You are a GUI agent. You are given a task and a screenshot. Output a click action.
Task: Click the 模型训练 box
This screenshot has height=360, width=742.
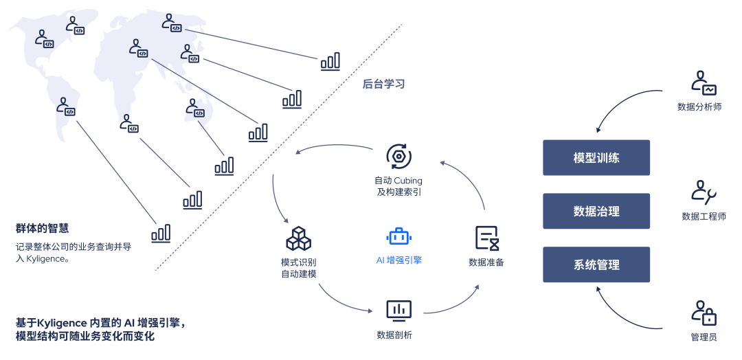pyautogui.click(x=596, y=157)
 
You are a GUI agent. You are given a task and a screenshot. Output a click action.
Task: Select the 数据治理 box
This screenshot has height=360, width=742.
pyautogui.click(x=596, y=211)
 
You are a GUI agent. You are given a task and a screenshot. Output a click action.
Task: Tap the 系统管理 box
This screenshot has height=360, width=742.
pyautogui.click(x=596, y=265)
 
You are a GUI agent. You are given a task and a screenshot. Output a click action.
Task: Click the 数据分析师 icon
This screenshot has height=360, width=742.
pyautogui.click(x=703, y=83)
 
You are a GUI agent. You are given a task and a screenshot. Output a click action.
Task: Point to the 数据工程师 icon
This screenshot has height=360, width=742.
pyautogui.click(x=703, y=192)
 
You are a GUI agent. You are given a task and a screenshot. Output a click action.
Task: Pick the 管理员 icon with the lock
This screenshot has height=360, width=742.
pyautogui.click(x=703, y=313)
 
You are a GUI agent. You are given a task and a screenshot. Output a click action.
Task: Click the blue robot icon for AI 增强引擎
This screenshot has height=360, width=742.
pyautogui.click(x=398, y=236)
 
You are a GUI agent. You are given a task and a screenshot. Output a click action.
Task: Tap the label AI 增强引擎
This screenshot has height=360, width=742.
pyautogui.click(x=398, y=260)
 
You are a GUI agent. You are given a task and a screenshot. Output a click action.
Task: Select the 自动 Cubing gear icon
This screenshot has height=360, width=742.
pyautogui.click(x=398, y=156)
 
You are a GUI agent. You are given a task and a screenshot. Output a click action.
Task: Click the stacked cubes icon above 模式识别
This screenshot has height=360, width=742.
pyautogui.click(x=298, y=238)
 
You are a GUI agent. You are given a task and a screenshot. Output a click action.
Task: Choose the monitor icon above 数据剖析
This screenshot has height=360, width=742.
pyautogui.click(x=398, y=311)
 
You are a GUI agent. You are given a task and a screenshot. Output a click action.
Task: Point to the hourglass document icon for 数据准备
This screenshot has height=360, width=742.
pyautogui.click(x=486, y=238)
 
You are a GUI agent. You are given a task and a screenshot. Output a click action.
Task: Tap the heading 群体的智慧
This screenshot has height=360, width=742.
pyautogui.click(x=42, y=228)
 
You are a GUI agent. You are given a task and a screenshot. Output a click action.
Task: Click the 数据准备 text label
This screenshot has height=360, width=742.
pyautogui.click(x=486, y=262)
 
